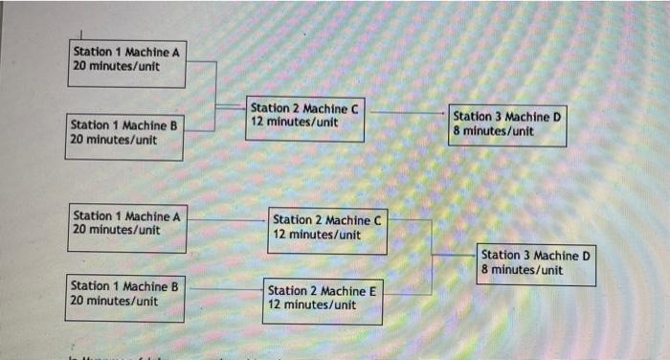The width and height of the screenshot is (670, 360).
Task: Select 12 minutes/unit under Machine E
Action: tap(312, 304)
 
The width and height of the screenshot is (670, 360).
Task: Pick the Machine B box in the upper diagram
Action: tap(125, 137)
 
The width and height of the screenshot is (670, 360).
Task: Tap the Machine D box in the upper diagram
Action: tap(507, 125)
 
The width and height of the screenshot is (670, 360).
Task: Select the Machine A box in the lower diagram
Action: tap(128, 227)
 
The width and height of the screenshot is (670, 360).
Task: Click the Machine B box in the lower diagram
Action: tap(125, 297)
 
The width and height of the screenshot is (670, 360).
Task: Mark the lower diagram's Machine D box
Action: tap(536, 265)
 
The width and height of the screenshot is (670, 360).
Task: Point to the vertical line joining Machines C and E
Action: tap(432, 256)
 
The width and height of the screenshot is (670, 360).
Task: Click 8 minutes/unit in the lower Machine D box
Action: tap(522, 270)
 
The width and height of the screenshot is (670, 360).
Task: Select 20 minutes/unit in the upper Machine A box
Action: tap(116, 67)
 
